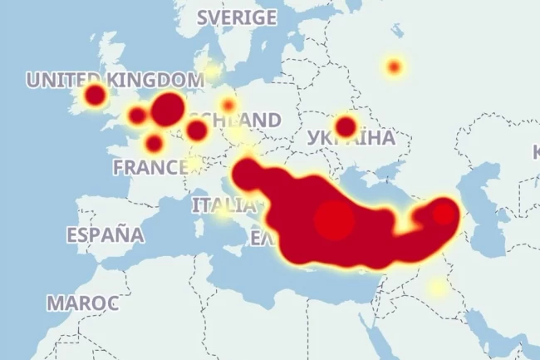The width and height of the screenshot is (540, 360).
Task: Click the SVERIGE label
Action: [x=237, y=17]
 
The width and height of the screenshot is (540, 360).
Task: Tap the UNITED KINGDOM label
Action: [x=115, y=80]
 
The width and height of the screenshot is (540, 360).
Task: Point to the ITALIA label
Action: [x=223, y=205]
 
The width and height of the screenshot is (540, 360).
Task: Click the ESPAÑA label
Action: [x=105, y=234]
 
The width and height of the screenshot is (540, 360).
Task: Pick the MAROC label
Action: [x=82, y=303]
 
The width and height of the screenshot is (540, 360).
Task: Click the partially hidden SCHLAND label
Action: [x=248, y=120]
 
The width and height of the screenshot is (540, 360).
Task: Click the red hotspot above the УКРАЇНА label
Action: [x=346, y=126]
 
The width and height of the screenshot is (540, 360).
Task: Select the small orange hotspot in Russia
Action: [x=394, y=67]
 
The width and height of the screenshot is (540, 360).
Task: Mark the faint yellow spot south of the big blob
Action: [x=437, y=288]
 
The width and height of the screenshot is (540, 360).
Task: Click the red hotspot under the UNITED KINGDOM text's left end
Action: [x=96, y=95]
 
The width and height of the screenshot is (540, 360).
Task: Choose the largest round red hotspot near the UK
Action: [x=168, y=108]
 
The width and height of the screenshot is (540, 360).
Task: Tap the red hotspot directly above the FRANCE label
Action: [x=154, y=144]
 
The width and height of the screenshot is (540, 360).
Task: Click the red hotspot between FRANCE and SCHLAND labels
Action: [x=197, y=131]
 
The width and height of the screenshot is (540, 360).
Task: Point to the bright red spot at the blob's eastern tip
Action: [x=444, y=214]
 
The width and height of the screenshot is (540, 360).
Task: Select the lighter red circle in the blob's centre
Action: [x=334, y=220]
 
